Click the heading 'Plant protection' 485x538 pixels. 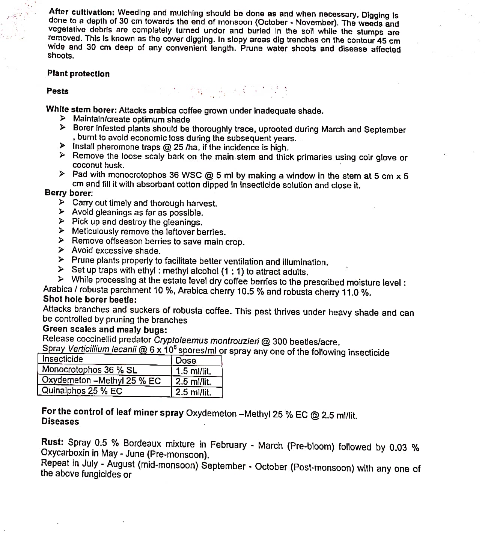[78, 74]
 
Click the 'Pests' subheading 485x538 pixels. [57, 91]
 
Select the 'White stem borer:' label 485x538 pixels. [81, 110]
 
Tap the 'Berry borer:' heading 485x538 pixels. [69, 193]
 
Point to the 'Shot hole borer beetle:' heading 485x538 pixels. [90, 300]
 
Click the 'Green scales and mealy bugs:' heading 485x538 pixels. [105, 329]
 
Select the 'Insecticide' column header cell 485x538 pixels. [62, 359]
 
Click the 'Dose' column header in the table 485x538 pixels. [186, 361]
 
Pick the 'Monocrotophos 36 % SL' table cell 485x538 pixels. [89, 370]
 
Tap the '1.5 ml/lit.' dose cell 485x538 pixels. [193, 371]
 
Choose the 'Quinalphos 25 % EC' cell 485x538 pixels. [82, 391]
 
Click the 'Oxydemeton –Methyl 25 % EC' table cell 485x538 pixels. [101, 381]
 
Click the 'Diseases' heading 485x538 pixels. [60, 422]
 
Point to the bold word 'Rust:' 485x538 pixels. [52, 443]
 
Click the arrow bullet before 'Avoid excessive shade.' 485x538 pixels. [61, 250]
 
